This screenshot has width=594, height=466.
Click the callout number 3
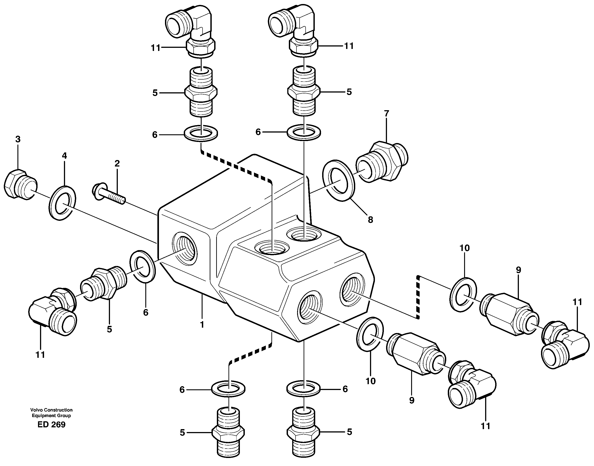[18, 139]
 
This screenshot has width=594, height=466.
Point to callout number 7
[386, 113]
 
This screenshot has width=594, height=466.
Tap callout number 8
[370, 220]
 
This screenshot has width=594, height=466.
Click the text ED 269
[52, 424]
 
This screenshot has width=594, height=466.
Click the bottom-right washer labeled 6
[303, 389]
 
